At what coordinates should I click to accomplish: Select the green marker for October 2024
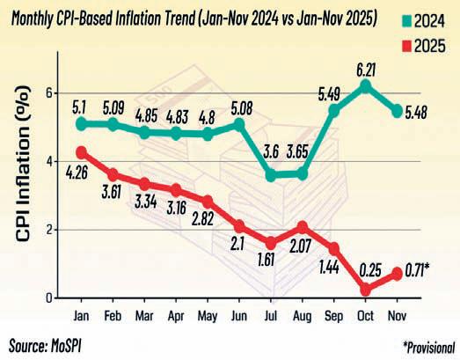coord(366,85)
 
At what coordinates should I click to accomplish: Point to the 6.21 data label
coord(365,64)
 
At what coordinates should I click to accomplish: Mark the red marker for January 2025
coord(82,151)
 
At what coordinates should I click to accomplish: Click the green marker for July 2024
coord(272,174)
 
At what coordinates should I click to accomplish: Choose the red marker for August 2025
coord(303,227)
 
